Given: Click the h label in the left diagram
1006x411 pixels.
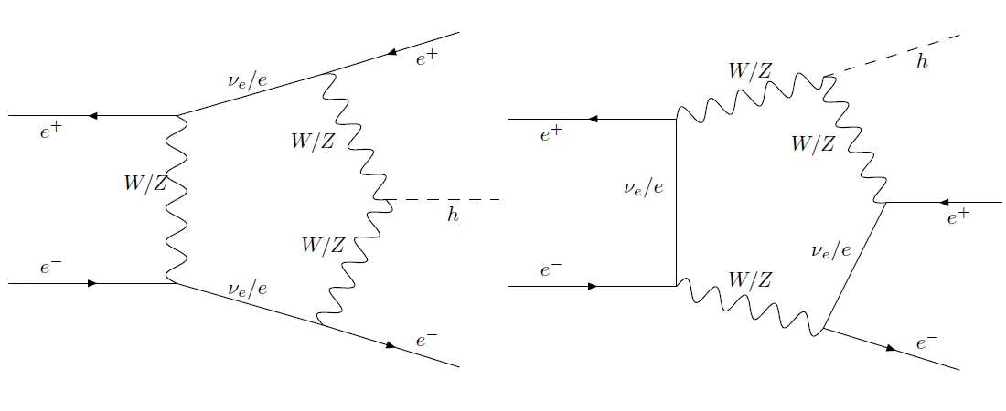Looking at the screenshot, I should pos(453,216).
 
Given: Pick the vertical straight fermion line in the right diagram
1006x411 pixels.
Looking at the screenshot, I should pos(676,202).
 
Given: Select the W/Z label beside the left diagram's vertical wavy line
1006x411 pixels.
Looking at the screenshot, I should pos(145,184).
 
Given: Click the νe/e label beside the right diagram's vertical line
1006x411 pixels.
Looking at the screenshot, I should pos(642,188).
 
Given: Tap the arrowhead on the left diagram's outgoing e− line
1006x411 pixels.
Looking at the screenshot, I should pos(391,345).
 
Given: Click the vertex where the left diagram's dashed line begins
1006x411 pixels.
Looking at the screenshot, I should pos(386,200).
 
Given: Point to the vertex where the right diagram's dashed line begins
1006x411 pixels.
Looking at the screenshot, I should pos(825,76).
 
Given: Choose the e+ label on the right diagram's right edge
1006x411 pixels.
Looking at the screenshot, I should pos(958,217).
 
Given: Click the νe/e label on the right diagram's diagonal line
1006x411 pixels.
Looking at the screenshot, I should pos(831,249).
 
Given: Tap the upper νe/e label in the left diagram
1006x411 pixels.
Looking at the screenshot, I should pos(248,80).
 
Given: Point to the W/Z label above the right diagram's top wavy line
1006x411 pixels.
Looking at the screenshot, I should pos(751,70).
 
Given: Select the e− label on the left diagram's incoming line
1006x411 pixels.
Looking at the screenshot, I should pos(50,268).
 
